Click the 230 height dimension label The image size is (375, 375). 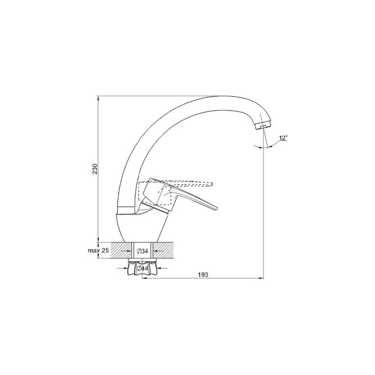coord(95,169)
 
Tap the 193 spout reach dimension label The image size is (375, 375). coord(203,275)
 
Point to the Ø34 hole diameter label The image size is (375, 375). coord(142,251)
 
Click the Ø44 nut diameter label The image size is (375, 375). coord(142,268)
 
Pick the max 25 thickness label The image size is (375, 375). coord(99,250)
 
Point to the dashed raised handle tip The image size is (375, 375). coord(211,184)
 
